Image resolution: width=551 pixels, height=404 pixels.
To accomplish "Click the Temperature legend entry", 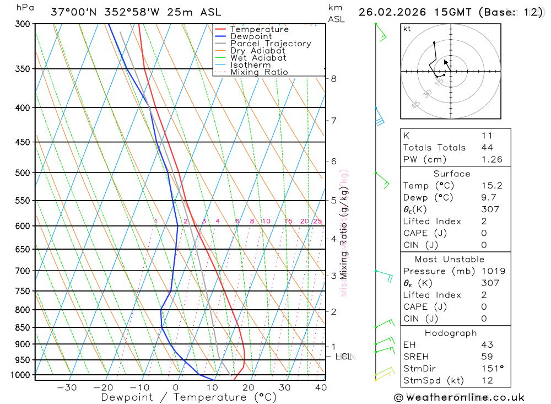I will pos(259,29).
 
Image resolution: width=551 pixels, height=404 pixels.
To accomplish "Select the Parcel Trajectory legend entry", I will pos(271,44).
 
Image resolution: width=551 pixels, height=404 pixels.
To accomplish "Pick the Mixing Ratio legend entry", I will pos(259,72).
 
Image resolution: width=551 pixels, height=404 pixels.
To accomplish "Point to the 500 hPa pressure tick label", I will pos(23,173).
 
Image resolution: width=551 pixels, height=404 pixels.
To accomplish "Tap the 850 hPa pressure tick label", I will pos(23,327).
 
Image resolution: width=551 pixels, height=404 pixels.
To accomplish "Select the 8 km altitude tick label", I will pos(334,79).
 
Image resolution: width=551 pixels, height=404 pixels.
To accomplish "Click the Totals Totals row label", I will pos(434,148).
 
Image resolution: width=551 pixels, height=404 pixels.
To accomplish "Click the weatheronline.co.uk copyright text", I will pos(460,397).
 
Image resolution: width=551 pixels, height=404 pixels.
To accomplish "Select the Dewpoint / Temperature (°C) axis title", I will pos(188,397).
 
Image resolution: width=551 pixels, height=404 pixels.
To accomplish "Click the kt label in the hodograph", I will pos(407,29).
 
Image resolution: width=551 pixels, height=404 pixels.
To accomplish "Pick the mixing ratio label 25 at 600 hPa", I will pos(317,222).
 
